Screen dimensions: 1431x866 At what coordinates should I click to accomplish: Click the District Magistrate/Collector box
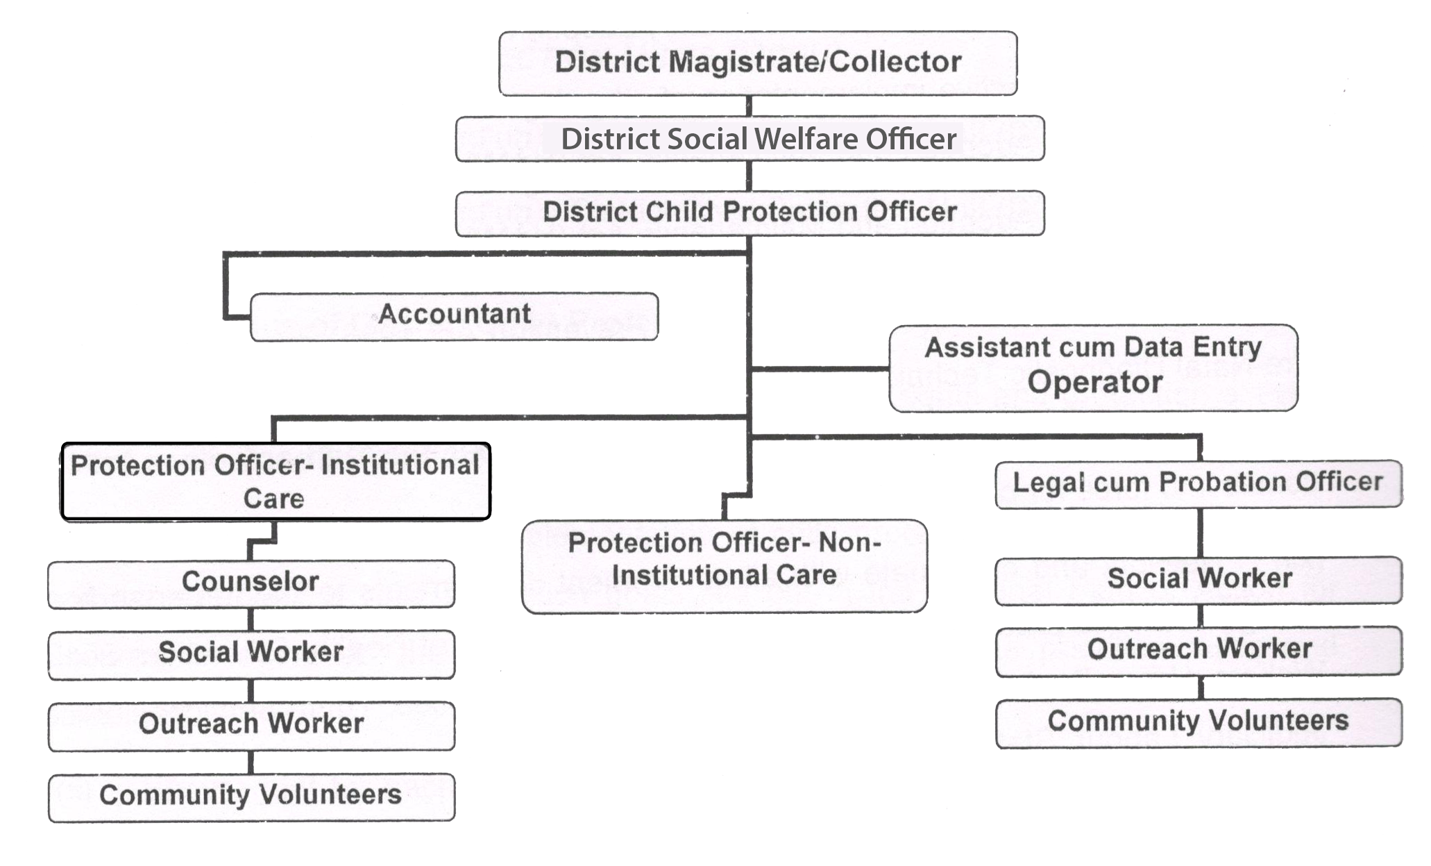tap(758, 63)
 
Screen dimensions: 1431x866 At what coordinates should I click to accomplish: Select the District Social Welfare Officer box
tap(750, 139)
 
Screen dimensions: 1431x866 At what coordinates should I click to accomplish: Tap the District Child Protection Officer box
tap(750, 213)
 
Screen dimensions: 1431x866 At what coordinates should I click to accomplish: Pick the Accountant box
tap(454, 317)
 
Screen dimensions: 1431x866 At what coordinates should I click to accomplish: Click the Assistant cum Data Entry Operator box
tap(1093, 368)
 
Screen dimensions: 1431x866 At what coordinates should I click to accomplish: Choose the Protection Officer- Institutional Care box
tap(276, 481)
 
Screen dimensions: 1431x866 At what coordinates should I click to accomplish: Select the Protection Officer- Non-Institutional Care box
tap(725, 567)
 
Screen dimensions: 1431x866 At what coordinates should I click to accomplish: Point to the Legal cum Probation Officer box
tap(1199, 484)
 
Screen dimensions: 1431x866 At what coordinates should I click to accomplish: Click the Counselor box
tap(251, 584)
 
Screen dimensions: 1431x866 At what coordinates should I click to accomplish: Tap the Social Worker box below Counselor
tap(251, 654)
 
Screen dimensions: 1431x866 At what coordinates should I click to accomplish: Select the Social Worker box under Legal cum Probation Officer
tap(1199, 581)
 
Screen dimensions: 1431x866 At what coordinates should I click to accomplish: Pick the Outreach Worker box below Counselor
tap(251, 726)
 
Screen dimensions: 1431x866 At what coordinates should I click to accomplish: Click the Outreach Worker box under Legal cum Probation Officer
tap(1199, 651)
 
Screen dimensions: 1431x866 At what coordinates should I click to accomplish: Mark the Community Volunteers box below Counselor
tap(251, 798)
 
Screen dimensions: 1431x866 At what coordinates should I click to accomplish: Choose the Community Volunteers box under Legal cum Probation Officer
tap(1199, 723)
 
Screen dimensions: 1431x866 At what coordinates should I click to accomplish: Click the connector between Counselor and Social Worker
tap(251, 619)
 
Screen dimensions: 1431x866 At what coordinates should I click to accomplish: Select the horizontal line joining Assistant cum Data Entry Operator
tap(820, 368)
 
